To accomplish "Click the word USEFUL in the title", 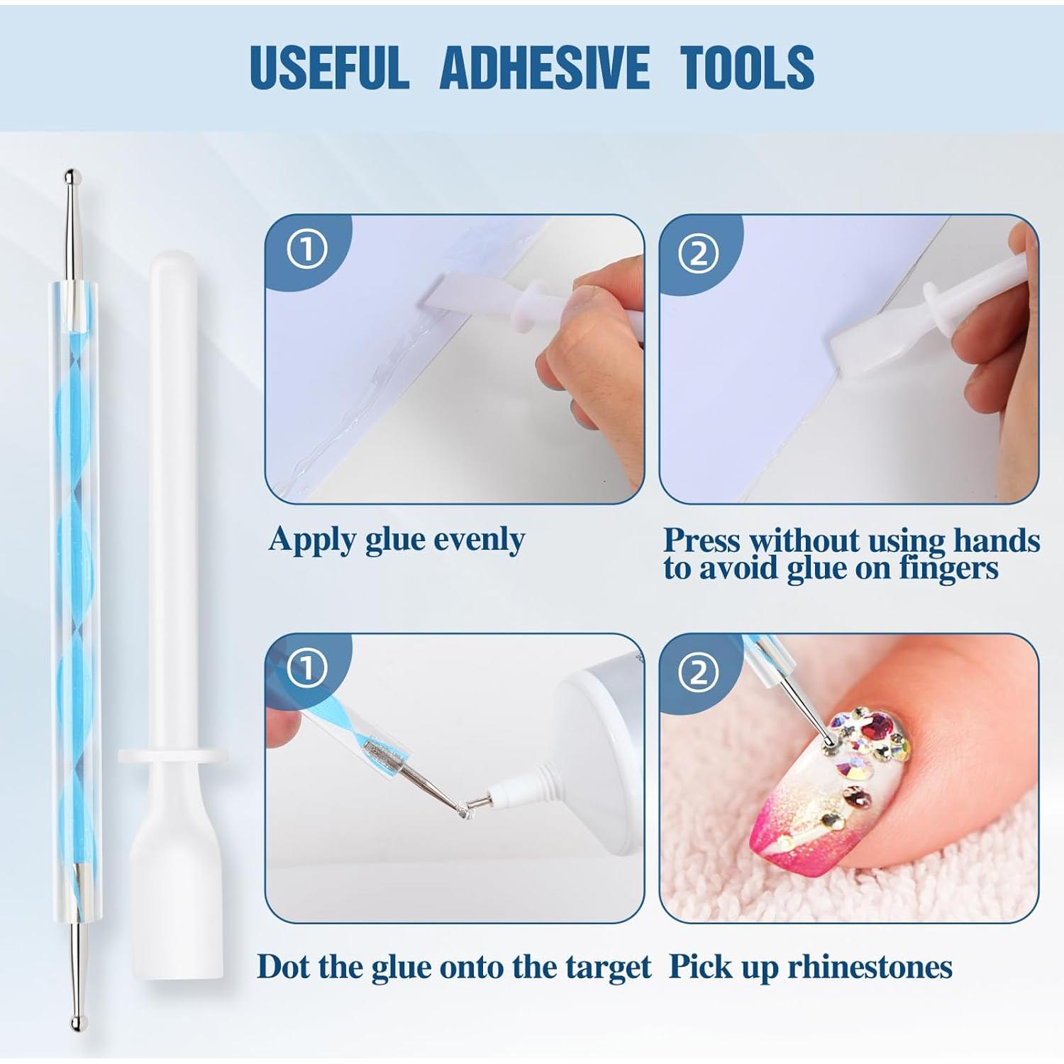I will point(329,67).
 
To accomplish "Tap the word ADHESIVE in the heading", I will point(544,67).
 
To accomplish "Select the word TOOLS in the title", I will point(747,67).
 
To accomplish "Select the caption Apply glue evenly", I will point(397,540).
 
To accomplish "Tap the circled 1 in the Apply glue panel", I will point(306,249).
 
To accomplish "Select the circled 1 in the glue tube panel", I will point(306,669).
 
